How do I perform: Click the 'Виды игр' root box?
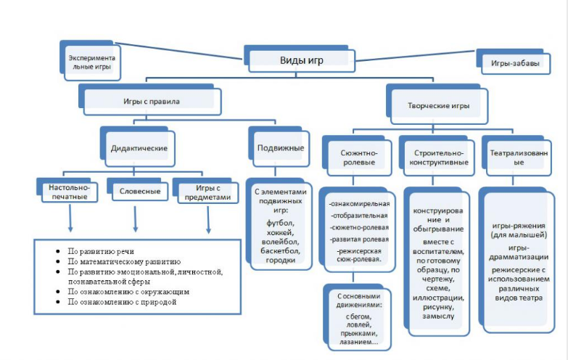click(x=300, y=59)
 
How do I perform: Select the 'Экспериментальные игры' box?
click(x=91, y=60)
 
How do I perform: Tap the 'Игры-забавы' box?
click(x=514, y=62)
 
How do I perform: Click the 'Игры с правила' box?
click(x=150, y=99)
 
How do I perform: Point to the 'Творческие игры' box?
click(x=437, y=104)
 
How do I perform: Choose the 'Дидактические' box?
click(x=138, y=147)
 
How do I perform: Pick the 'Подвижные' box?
click(x=279, y=147)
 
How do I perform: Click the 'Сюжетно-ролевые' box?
click(x=357, y=156)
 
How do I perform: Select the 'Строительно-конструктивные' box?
click(x=437, y=156)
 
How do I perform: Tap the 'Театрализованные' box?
click(x=517, y=156)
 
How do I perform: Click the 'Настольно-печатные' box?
click(x=67, y=190)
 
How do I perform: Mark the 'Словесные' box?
click(x=138, y=189)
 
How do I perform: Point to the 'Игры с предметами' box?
click(x=206, y=191)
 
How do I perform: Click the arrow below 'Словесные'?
click(x=135, y=219)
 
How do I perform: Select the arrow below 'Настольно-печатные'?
click(x=70, y=218)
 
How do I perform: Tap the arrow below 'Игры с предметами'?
click(x=208, y=220)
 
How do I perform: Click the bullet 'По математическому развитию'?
click(x=124, y=261)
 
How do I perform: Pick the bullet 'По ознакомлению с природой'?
click(x=122, y=302)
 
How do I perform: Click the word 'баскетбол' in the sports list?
click(x=280, y=250)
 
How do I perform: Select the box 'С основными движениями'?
click(x=357, y=317)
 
